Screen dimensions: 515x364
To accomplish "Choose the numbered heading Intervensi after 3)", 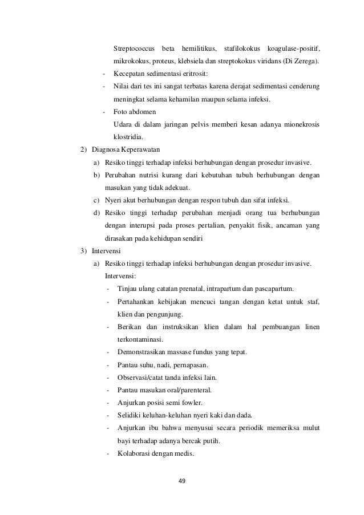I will tap(107, 250).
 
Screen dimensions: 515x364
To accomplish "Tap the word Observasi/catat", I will tap(140, 378).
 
